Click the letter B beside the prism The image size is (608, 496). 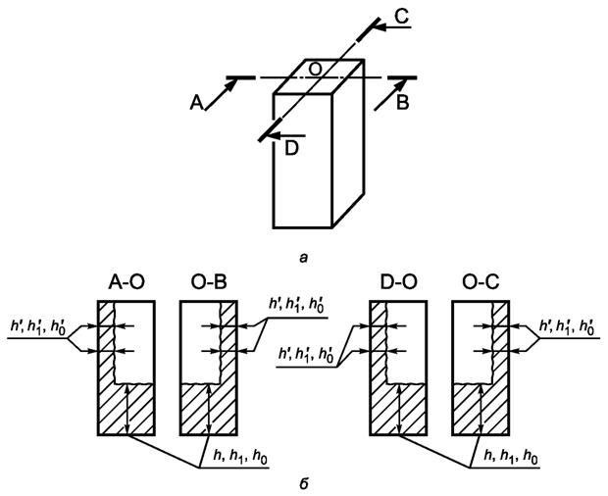click(404, 103)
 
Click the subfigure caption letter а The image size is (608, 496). click(305, 257)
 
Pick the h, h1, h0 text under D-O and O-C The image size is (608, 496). click(509, 458)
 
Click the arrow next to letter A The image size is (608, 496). click(219, 90)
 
